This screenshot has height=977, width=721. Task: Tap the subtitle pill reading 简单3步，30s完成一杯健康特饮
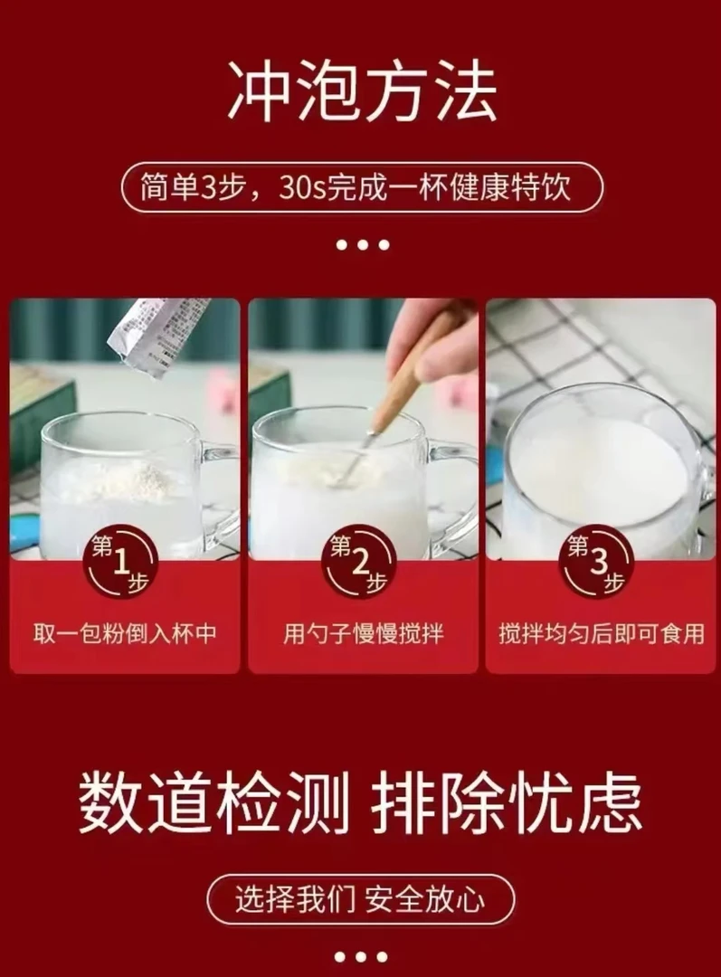[x=361, y=188]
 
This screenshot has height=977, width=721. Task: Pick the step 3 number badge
[x=600, y=562]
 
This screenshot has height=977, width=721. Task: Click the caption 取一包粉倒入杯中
[x=125, y=632]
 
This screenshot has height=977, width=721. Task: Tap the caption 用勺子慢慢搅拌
[x=363, y=632]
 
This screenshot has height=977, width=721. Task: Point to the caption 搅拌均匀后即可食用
[x=601, y=632]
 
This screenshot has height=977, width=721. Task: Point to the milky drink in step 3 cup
[x=597, y=470]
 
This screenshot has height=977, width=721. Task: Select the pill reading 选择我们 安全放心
[x=360, y=899]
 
